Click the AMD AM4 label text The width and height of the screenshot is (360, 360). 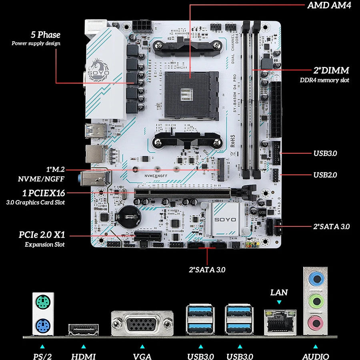(x=329, y=6)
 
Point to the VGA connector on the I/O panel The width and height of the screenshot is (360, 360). (x=142, y=324)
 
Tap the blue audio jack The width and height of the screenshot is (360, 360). (x=316, y=278)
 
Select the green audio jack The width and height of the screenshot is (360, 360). (x=316, y=300)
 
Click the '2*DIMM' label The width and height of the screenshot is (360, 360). (x=331, y=70)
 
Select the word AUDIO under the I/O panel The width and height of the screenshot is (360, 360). (x=316, y=356)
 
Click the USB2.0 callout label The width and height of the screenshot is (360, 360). (x=325, y=175)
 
